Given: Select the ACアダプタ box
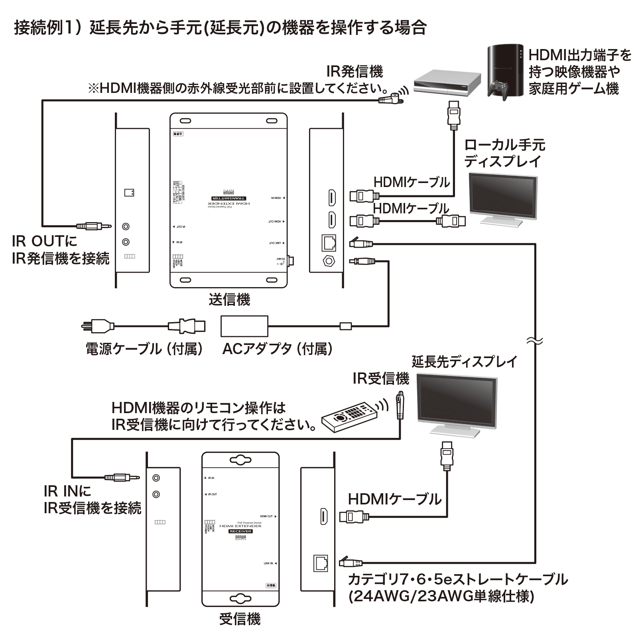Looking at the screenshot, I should point(244,326).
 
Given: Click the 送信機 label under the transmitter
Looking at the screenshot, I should point(229,299).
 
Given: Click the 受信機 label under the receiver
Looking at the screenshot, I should point(240,619).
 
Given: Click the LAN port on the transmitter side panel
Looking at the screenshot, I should point(329,242).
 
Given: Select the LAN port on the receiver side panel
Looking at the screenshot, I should point(321,563).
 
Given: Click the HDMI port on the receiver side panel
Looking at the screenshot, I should point(324,517).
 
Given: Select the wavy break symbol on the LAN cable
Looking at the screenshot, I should point(534,341).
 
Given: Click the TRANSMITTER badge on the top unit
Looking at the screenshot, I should point(228,198).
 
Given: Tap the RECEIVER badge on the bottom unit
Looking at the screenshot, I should point(240,531).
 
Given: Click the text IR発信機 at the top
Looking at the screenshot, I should point(354,72).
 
